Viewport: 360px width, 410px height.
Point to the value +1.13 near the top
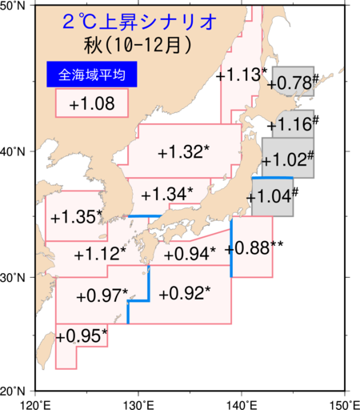pos(240,75)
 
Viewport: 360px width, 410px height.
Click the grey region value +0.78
pos(290,82)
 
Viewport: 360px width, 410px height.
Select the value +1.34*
pos(166,195)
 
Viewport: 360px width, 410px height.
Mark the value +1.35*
pos(77,217)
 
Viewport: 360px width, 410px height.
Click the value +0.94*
pos(189,254)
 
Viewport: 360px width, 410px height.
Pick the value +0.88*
pos(250,247)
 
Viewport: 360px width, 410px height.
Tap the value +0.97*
pos(102,295)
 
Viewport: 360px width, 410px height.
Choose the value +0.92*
pos(184,293)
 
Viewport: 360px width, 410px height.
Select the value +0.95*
pos(82,335)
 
